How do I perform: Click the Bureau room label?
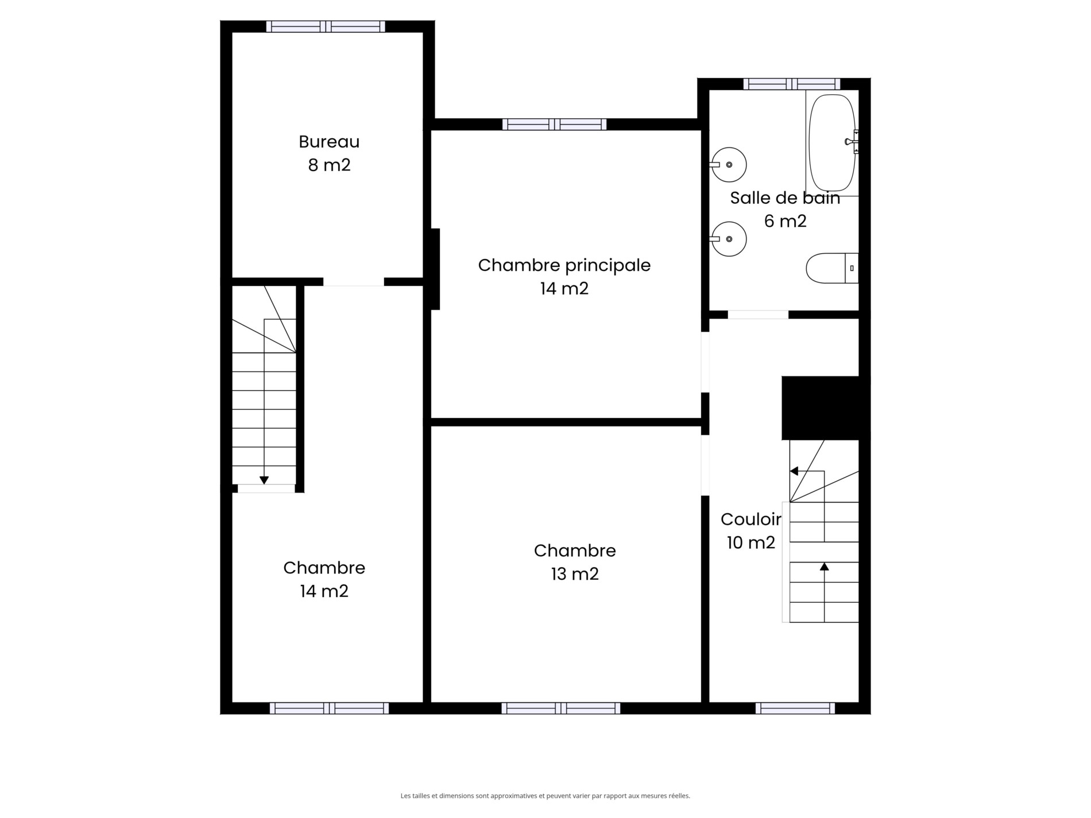329,141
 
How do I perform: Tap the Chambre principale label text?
564,265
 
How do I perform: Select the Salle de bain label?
785,198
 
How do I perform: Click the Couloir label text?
751,520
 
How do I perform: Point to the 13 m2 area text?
575,574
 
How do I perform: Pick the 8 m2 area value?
329,165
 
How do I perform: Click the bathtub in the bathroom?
832,143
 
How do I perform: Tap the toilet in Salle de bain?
832,268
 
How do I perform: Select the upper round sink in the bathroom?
728,165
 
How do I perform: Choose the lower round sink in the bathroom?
728,239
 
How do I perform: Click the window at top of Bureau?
326,26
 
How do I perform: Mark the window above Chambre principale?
554,124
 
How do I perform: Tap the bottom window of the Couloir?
795,708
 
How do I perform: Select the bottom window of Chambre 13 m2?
560,708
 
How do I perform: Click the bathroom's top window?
792,84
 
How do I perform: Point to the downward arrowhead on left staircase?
264,480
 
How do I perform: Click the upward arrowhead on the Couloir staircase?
825,567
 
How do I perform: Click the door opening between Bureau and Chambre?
354,282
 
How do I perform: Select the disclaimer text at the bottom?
545,796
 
